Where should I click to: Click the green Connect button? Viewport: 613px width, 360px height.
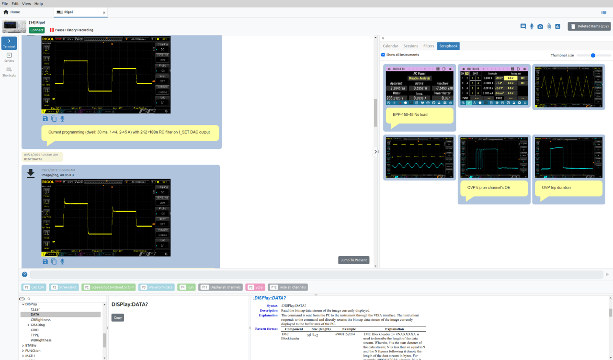pos(36,30)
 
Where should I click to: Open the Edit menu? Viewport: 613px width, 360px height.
pos(15,3)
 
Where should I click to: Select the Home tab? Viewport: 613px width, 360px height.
pos(12,12)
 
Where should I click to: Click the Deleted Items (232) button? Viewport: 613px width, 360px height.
pos(589,26)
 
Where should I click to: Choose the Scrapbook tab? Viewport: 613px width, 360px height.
pos(448,46)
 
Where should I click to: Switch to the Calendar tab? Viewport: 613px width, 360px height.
pos(390,46)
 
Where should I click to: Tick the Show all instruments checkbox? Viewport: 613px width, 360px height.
pos(383,55)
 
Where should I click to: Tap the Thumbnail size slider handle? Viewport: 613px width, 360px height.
pos(593,56)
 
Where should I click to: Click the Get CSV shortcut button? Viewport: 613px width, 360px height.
pos(34,287)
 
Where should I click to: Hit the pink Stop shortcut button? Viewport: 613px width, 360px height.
pos(255,287)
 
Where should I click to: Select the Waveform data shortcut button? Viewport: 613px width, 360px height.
pos(156,287)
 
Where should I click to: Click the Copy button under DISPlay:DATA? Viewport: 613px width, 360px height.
pos(118,317)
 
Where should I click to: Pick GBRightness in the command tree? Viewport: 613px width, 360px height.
pos(41,320)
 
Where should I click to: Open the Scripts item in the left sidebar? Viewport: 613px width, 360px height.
pos(9,57)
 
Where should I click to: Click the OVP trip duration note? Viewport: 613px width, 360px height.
pos(556,187)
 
